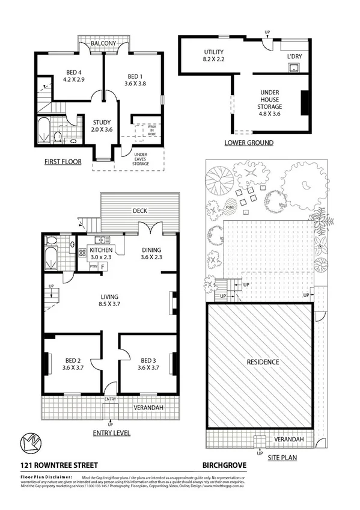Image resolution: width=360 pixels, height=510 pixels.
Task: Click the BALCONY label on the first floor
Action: pos(103,44)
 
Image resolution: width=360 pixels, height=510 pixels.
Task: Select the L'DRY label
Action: pos(294,57)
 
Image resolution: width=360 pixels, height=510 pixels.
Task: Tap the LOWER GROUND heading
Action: pos(249,143)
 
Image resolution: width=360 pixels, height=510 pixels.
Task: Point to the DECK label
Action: pos(141,210)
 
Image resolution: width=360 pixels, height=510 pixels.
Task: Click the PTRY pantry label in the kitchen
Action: pos(93,265)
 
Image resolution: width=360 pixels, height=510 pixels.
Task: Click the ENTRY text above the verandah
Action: pos(110,399)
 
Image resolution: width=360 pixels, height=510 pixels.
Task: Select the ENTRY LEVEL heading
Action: pos(111,432)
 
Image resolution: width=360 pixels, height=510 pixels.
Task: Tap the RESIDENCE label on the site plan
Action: pos(261,362)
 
